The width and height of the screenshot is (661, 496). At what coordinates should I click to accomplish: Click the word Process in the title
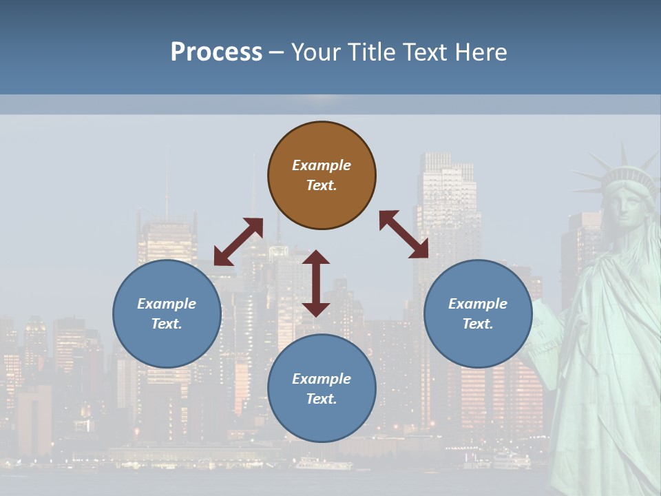pyautogui.click(x=216, y=52)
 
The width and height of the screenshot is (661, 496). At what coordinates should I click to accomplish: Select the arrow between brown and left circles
pyautogui.click(x=238, y=242)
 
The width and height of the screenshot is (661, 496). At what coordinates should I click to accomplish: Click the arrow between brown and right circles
pyautogui.click(x=404, y=235)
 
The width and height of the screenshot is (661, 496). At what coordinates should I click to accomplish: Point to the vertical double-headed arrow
pyautogui.click(x=316, y=283)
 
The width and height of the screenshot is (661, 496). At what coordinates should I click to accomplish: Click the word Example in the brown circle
pyautogui.click(x=322, y=165)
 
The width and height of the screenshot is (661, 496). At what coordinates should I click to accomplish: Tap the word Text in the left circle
pyautogui.click(x=167, y=324)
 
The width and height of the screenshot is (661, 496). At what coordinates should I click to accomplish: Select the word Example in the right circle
pyautogui.click(x=478, y=304)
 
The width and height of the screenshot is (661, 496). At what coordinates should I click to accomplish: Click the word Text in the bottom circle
pyautogui.click(x=322, y=399)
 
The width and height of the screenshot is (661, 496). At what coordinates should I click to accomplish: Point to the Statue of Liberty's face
pyautogui.click(x=625, y=207)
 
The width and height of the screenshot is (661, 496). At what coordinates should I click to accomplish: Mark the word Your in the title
pyautogui.click(x=315, y=52)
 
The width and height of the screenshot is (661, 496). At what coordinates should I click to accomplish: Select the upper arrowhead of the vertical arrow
pyautogui.click(x=316, y=257)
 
